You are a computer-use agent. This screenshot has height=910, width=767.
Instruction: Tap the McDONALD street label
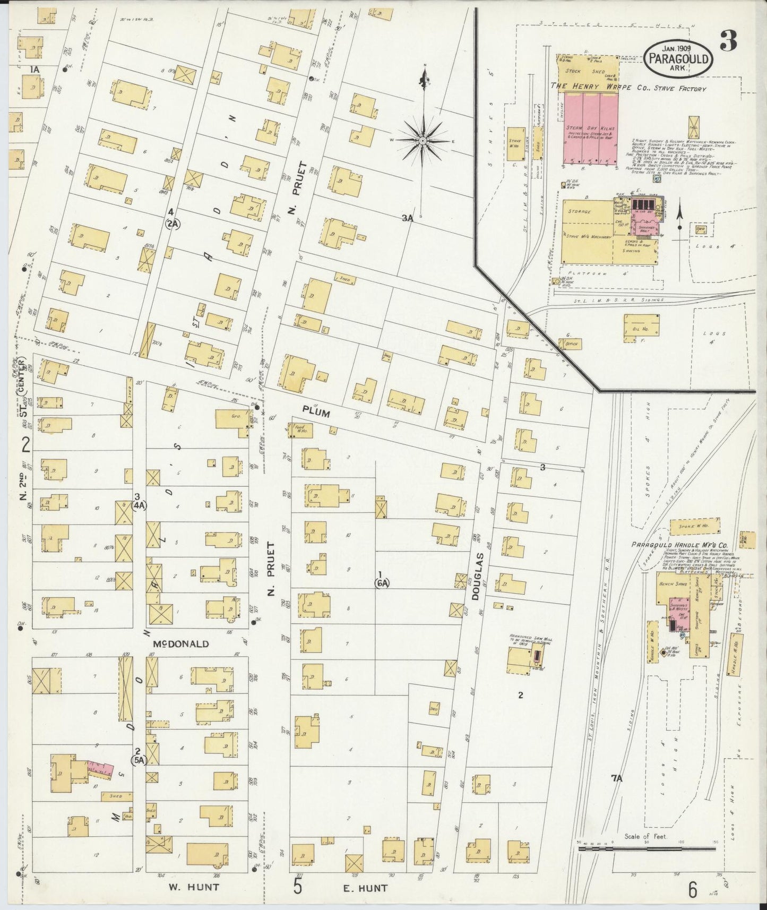click(x=180, y=643)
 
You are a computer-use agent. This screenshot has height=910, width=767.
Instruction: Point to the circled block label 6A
click(x=382, y=583)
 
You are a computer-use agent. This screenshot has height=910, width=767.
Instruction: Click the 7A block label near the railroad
click(x=616, y=778)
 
